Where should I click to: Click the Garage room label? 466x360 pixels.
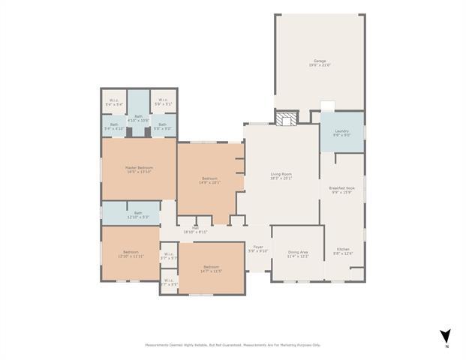tap(320, 62)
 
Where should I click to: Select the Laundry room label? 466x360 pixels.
tap(341, 132)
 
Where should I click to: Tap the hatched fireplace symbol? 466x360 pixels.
tap(284, 118)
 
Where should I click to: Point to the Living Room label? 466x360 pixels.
tap(281, 176)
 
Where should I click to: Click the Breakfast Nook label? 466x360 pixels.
tap(341, 190)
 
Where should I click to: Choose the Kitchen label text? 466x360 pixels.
tap(343, 250)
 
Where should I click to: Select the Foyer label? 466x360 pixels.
tap(258, 248)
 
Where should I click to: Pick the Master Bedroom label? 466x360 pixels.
tap(139, 169)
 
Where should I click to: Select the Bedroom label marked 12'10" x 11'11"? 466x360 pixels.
tap(131, 253)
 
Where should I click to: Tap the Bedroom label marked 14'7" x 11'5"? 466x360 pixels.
tap(211, 268)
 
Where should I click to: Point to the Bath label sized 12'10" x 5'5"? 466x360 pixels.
tap(138, 214)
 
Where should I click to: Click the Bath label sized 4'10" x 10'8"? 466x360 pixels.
tap(138, 118)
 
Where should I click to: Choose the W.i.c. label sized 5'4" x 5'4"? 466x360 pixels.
tap(114, 102)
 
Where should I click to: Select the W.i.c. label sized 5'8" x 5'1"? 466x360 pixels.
tap(163, 102)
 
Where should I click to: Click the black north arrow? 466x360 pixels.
tap(446, 335)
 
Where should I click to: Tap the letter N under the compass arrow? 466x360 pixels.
tap(446, 346)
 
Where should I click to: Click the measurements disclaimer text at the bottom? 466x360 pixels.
tap(233, 345)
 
